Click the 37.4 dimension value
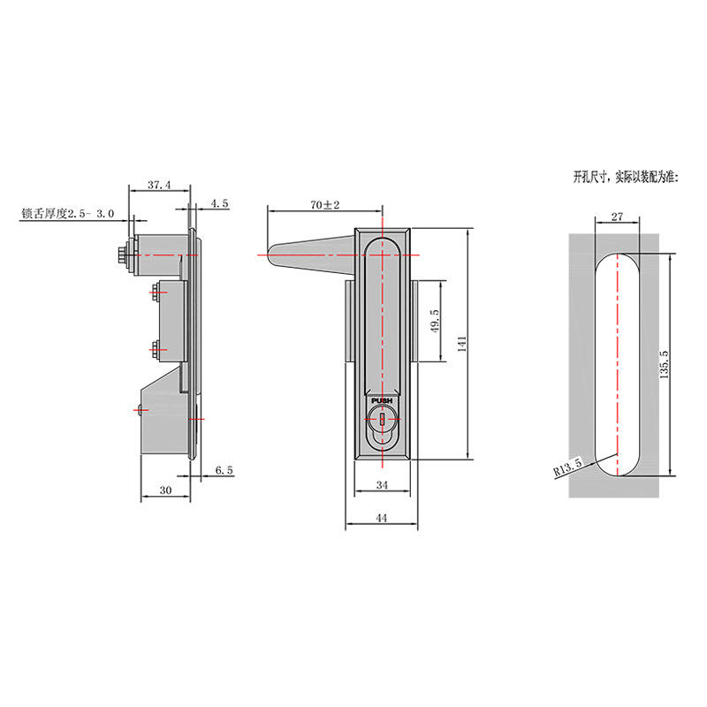click(x=159, y=185)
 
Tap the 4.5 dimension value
click(x=219, y=203)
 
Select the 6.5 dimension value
click(x=224, y=470)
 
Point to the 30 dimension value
click(x=165, y=490)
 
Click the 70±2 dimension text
click(x=324, y=205)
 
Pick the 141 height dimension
click(x=461, y=344)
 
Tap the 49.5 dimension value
click(x=435, y=321)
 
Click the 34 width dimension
click(x=382, y=485)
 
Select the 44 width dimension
click(x=382, y=518)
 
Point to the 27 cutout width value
click(x=617, y=217)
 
